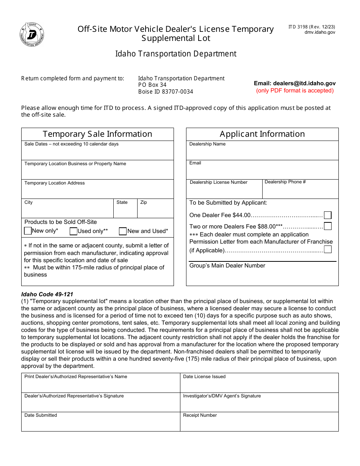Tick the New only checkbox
point(28,231)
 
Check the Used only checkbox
point(74,231)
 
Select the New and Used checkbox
point(123,231)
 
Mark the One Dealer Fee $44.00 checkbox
point(328,215)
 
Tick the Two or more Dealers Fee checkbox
point(328,226)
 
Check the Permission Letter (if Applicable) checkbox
point(328,249)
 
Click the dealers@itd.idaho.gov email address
point(295,83)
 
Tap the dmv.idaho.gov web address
point(320,33)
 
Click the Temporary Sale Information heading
point(97,134)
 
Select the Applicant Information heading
point(262,134)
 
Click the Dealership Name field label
point(207,144)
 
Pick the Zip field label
point(144,202)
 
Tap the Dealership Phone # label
point(285,182)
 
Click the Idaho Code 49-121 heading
point(47,294)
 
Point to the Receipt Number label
point(200,415)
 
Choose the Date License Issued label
point(204,377)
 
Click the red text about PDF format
point(295,91)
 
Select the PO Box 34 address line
point(152,85)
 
